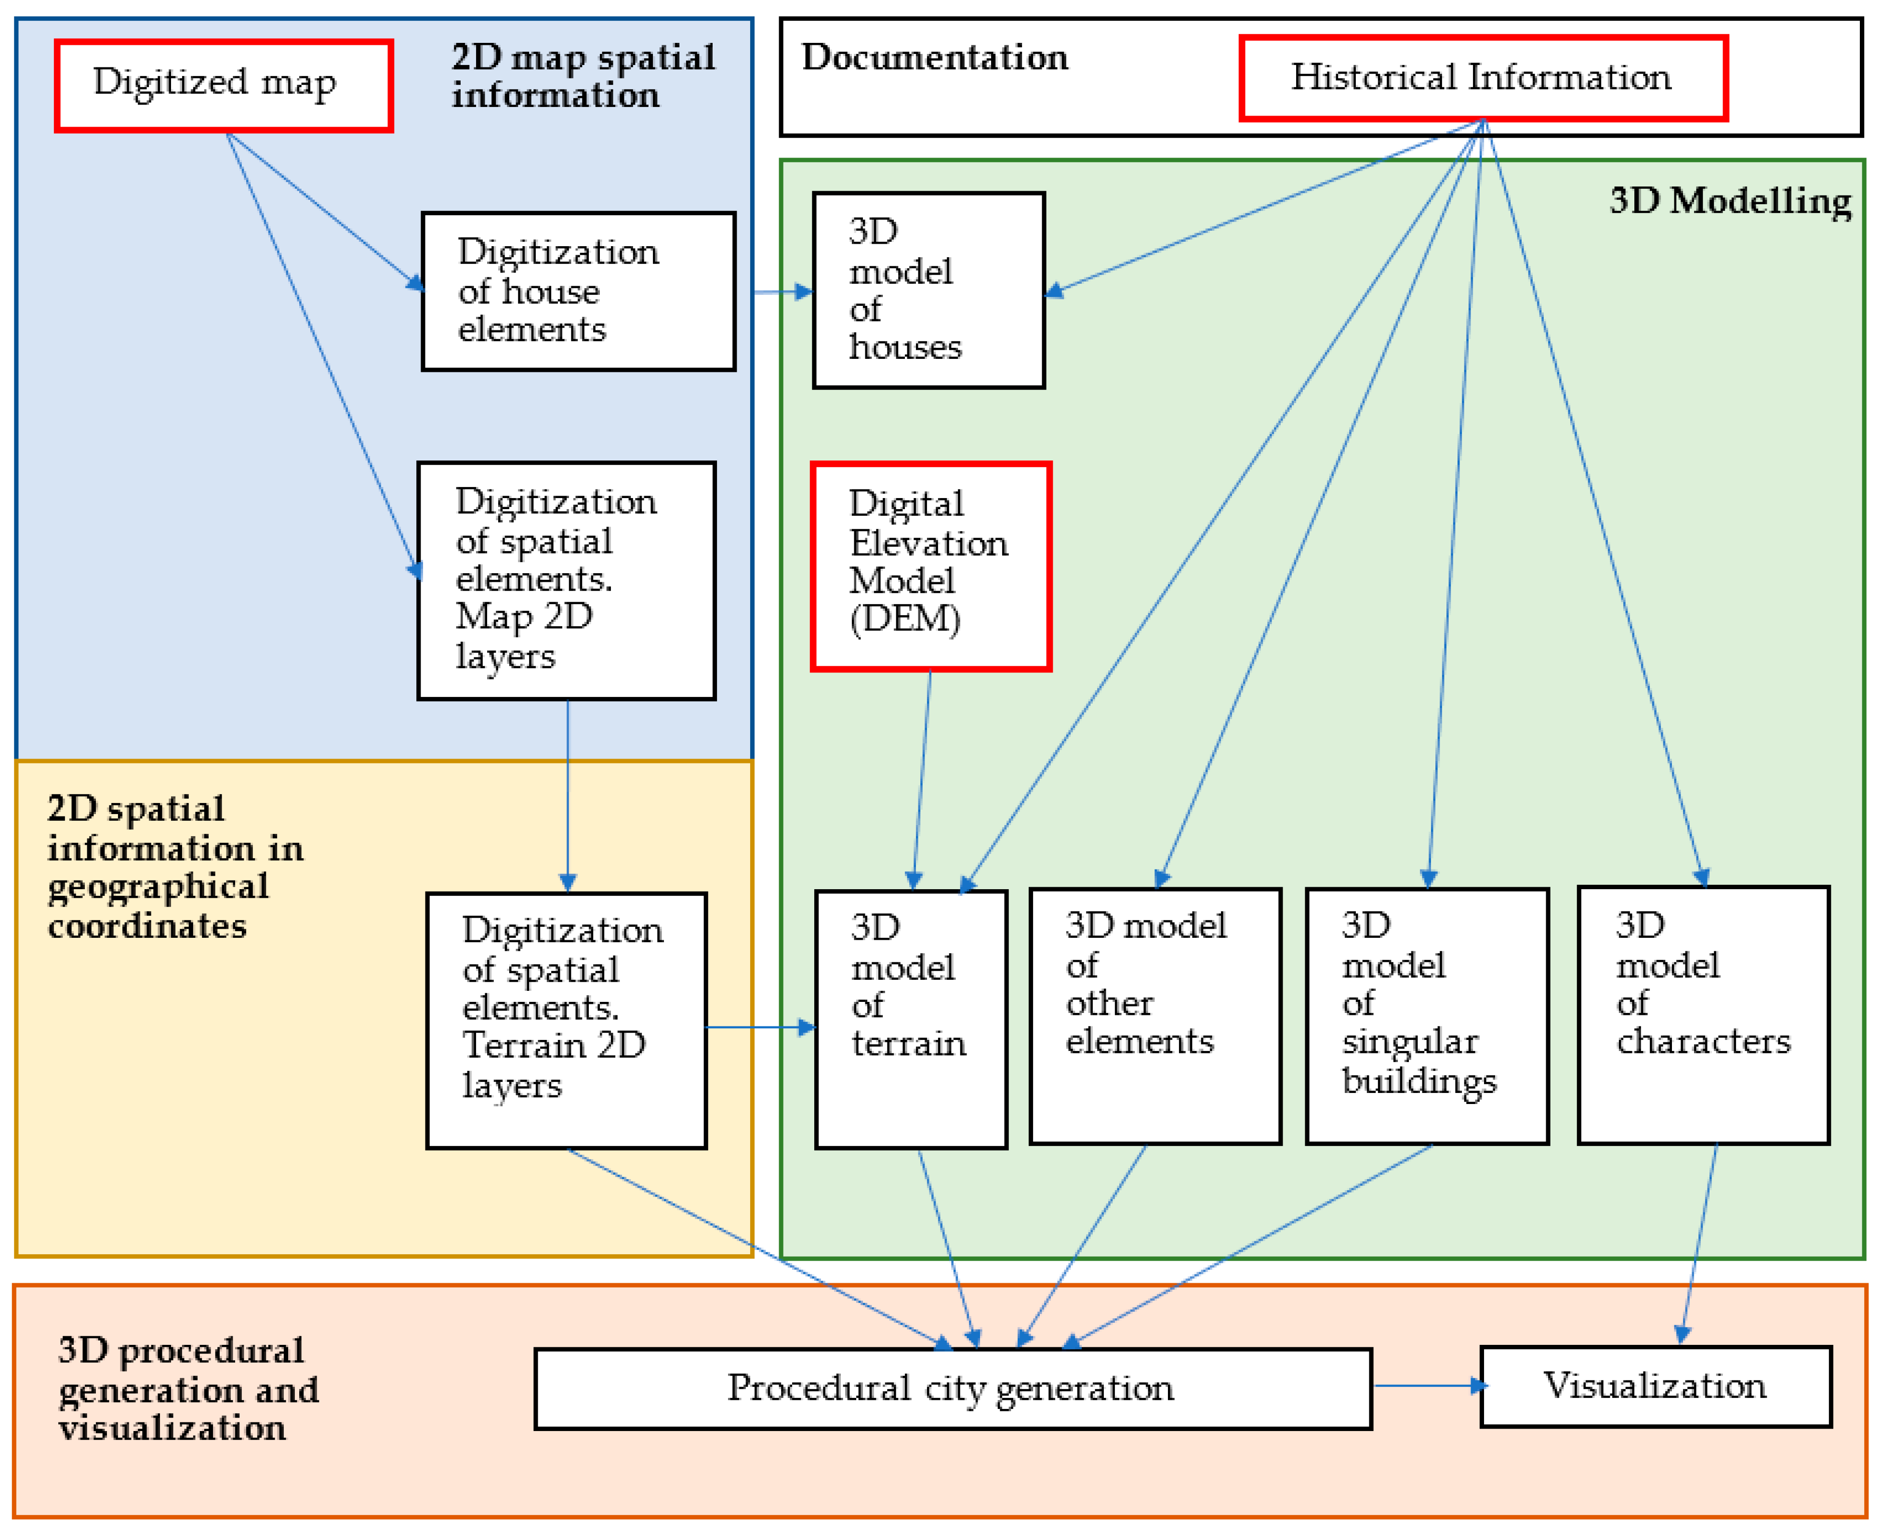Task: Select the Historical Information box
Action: pyautogui.click(x=1483, y=78)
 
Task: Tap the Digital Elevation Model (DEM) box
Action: pyautogui.click(x=930, y=566)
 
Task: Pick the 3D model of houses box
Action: pyautogui.click(x=928, y=289)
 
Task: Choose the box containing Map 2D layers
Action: pyautogui.click(x=567, y=580)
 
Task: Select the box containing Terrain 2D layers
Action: pyautogui.click(x=567, y=1021)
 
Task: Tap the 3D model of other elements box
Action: pyautogui.click(x=1154, y=1016)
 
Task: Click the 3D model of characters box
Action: pyautogui.click(x=1703, y=1015)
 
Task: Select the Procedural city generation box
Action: pyautogui.click(x=954, y=1388)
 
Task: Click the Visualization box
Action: pyautogui.click(x=1655, y=1386)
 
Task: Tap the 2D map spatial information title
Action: pyautogui.click(x=583, y=76)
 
